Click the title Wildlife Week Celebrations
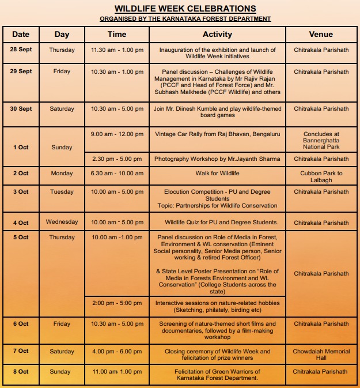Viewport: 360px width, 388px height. tap(185, 9)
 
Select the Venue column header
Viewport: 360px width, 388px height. tap(320, 35)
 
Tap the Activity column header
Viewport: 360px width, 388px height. tap(217, 35)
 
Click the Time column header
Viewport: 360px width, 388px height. tap(117, 35)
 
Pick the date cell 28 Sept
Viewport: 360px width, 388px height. tap(21, 50)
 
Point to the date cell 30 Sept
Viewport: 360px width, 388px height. tap(21, 109)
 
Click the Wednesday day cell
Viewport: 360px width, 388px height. tap(62, 222)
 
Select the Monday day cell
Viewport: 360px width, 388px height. tap(62, 174)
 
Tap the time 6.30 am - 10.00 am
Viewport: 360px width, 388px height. tap(117, 174)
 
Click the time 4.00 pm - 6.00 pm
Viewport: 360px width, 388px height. tap(117, 351)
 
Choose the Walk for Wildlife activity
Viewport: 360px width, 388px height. tap(217, 174)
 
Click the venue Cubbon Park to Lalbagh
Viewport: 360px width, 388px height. tap(321, 176)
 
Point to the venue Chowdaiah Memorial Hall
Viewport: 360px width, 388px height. tap(321, 354)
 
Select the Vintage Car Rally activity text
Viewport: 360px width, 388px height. tap(217, 134)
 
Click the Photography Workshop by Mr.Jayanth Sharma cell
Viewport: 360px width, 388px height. tap(217, 159)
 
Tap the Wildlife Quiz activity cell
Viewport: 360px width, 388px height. tap(217, 223)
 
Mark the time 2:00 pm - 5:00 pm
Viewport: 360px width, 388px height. tap(117, 303)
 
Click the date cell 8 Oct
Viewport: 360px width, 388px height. tap(21, 372)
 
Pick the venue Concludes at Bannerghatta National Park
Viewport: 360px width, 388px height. tap(321, 140)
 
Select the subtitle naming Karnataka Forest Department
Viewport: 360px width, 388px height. tap(185, 19)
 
